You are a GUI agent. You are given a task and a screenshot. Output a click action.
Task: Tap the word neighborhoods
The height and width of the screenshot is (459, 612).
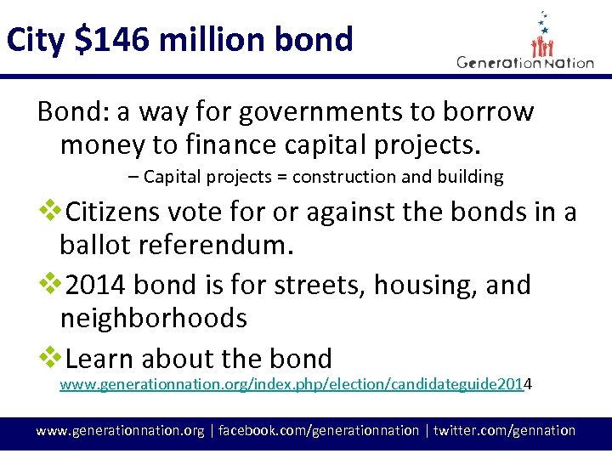[153, 319]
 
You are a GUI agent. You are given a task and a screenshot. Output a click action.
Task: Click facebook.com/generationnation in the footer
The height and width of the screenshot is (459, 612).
[319, 430]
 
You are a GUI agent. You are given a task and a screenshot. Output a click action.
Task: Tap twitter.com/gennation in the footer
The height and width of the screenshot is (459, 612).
[504, 430]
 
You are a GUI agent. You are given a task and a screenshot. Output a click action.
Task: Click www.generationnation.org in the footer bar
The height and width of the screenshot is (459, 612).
[120, 430]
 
